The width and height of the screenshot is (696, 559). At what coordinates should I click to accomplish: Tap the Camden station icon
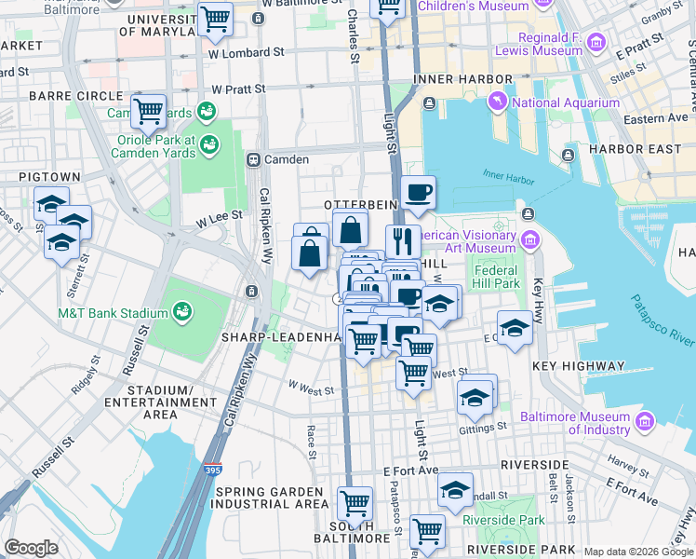coord(252,159)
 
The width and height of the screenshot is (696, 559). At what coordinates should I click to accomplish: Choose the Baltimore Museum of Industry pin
coord(643,424)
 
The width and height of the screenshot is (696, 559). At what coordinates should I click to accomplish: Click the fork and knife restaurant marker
coord(403,241)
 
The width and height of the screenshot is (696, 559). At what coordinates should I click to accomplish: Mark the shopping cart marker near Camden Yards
coord(148,112)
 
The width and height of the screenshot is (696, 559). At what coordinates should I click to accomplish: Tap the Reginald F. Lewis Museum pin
coord(596,43)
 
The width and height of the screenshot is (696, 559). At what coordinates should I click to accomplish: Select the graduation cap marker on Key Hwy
coord(514,328)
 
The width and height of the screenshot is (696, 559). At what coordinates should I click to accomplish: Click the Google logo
coord(31,548)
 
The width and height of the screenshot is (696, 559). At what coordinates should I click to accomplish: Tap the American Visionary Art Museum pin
coord(530,241)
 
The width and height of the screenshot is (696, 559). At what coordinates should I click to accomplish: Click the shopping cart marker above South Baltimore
coord(355,503)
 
